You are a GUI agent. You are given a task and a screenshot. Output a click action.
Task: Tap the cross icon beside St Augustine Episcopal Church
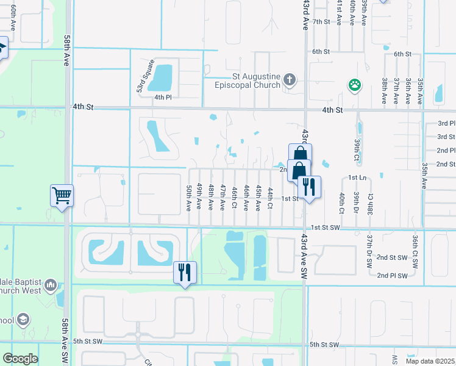point(290,80)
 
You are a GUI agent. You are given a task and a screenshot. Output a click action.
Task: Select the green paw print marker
point(354,85)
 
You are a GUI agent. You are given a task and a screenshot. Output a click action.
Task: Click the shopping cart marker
point(62,195)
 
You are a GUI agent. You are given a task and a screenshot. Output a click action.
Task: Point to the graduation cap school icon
point(23,319)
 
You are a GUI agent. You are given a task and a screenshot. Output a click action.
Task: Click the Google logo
point(20,359)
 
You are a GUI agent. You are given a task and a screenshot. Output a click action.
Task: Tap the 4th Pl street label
point(162,98)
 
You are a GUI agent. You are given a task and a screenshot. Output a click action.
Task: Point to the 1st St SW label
point(324,228)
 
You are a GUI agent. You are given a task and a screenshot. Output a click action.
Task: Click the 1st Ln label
point(357,177)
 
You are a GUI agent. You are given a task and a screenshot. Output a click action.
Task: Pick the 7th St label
point(321,21)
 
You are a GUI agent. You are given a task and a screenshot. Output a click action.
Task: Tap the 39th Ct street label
point(357,146)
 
